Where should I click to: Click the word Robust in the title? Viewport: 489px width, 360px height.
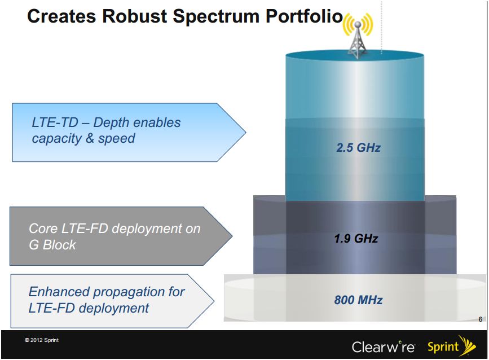[135, 16]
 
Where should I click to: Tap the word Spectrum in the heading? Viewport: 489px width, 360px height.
[216, 17]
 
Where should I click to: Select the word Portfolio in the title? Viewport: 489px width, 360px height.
[304, 16]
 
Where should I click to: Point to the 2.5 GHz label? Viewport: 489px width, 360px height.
[358, 148]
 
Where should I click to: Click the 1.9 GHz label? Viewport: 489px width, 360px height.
[356, 239]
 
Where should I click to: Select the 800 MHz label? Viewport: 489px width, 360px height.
[358, 300]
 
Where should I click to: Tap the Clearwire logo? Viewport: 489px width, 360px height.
[384, 346]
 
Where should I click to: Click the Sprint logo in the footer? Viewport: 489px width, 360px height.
[452, 346]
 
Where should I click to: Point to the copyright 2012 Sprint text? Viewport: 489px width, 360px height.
[42, 340]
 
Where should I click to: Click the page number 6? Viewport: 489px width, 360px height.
[481, 319]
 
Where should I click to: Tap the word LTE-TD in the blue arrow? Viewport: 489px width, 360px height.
[55, 122]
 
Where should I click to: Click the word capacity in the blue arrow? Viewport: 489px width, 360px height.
[56, 139]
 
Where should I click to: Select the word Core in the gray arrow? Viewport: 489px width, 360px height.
[43, 229]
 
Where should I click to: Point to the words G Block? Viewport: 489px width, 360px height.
[52, 245]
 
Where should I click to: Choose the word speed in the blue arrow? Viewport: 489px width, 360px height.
[116, 139]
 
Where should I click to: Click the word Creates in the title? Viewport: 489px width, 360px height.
[61, 16]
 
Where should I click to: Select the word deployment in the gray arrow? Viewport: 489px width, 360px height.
[147, 229]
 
